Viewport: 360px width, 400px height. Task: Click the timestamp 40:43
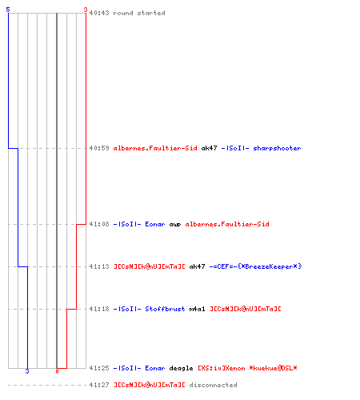coord(99,13)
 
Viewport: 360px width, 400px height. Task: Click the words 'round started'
coord(139,13)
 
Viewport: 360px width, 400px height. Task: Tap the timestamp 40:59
coord(99,148)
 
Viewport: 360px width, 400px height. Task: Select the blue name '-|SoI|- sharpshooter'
coord(261,148)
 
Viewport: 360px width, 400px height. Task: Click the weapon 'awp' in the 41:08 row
coord(175,225)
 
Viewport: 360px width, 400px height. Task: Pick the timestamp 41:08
coord(99,224)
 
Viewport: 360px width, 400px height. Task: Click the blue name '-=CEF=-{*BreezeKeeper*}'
coord(255,266)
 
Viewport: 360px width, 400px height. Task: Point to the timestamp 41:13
coord(99,266)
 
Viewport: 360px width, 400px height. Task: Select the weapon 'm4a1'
coord(197,309)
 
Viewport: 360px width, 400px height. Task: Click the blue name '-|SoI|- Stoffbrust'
coord(149,309)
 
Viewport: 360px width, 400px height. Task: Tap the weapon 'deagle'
coord(181,368)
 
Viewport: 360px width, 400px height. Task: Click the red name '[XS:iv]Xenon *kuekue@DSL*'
coord(247,368)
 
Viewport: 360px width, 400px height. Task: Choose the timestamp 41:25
coord(99,368)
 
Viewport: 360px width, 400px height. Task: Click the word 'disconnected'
coord(213,385)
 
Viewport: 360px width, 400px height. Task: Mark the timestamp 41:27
coord(99,385)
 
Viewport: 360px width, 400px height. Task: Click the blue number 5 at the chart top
coord(8,10)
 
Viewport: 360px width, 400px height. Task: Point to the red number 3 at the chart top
coord(86,10)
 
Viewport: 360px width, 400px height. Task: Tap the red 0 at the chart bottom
coord(57,371)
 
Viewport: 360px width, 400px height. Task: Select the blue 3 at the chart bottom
coord(27,371)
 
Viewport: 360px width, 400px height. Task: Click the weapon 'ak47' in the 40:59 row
coord(209,148)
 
